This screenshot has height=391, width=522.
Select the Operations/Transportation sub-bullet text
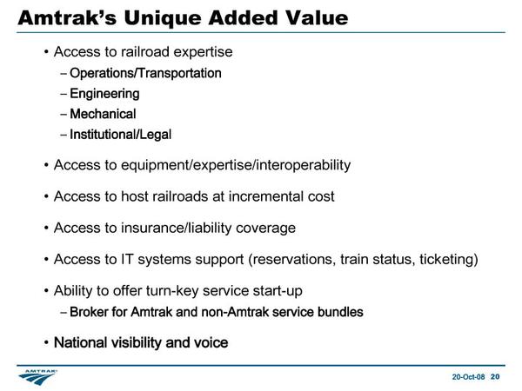145,74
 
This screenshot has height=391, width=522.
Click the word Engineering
104,94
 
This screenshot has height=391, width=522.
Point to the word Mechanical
103,114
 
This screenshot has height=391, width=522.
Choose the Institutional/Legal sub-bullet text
121,135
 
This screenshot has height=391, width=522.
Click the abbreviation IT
127,259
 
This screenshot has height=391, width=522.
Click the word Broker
89,312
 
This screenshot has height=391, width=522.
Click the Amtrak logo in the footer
37,377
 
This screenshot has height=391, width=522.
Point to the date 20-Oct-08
468,377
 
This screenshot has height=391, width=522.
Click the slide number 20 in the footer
495,377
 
